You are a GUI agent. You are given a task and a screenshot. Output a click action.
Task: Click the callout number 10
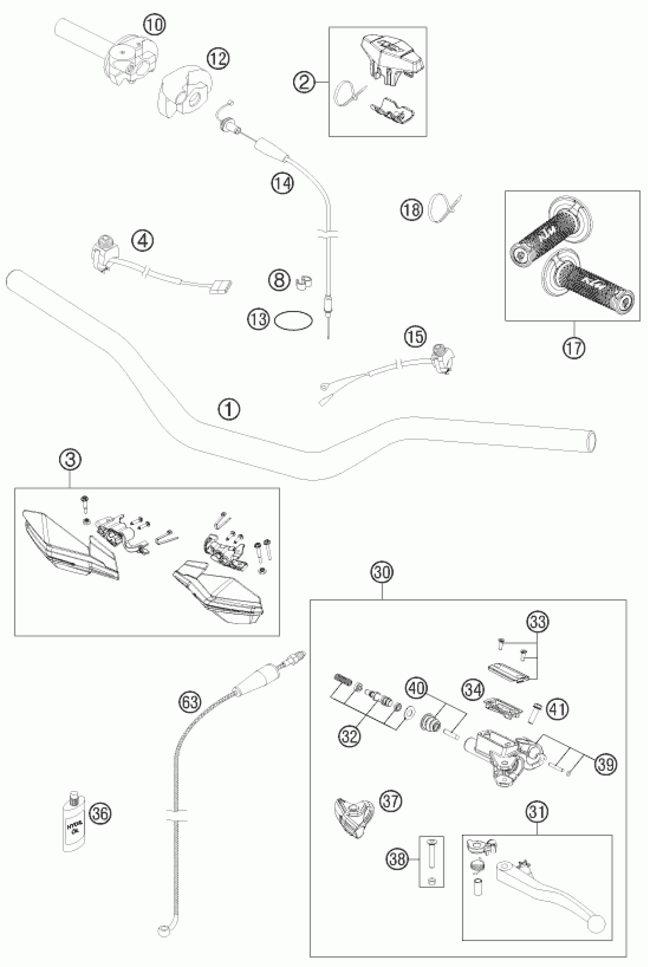tap(154, 25)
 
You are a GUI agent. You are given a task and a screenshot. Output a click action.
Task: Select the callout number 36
tap(101, 813)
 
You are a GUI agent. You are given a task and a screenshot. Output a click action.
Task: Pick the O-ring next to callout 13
tap(294, 320)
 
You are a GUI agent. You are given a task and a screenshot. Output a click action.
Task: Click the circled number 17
tap(574, 348)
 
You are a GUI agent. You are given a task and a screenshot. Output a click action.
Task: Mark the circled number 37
tap(391, 801)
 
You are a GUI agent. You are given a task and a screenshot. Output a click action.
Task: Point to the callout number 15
tap(415, 337)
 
